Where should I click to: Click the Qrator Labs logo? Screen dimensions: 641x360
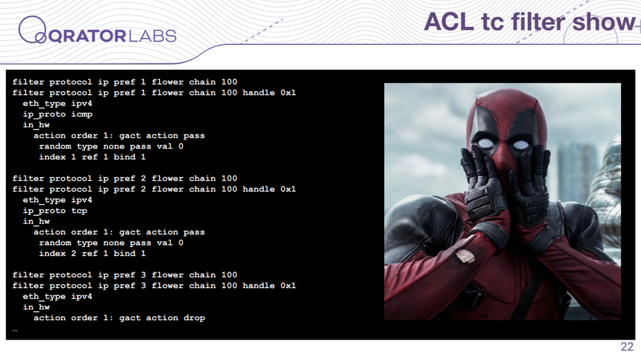pyautogui.click(x=97, y=31)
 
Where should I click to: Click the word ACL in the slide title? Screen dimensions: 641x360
pyautogui.click(x=449, y=22)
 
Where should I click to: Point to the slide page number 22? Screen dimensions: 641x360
pyautogui.click(x=627, y=347)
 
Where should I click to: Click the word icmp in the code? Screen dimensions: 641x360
pyautogui.click(x=82, y=114)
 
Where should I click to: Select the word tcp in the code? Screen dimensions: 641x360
pyautogui.click(x=79, y=211)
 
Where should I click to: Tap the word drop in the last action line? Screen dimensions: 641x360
pyautogui.click(x=194, y=318)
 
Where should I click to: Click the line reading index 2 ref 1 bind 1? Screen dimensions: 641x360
pyautogui.click(x=92, y=254)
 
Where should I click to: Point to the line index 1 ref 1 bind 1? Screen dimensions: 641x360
pyautogui.click(x=92, y=157)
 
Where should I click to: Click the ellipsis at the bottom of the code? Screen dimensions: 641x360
pyautogui.click(x=15, y=329)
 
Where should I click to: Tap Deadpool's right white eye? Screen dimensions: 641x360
pyautogui.click(x=520, y=144)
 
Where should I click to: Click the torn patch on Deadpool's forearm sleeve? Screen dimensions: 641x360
pyautogui.click(x=465, y=256)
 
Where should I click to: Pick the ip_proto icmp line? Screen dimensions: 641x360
pyautogui.click(x=58, y=114)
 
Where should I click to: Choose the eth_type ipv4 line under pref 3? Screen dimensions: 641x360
pyautogui.click(x=58, y=296)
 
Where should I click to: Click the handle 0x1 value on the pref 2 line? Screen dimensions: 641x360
pyautogui.click(x=269, y=189)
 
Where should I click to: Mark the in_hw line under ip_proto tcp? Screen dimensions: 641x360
pyautogui.click(x=37, y=222)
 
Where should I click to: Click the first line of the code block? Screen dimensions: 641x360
pyautogui.click(x=125, y=82)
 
